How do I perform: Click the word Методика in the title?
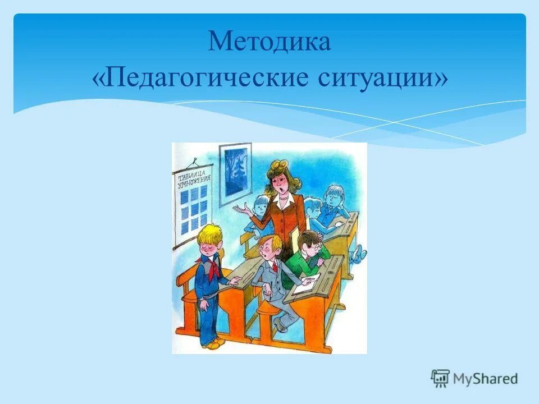tap(269, 43)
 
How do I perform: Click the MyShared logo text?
tap(485, 379)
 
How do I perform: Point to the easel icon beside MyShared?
tap(440, 378)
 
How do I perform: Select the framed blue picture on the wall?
tap(234, 173)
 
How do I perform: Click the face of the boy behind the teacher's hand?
tap(259, 206)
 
